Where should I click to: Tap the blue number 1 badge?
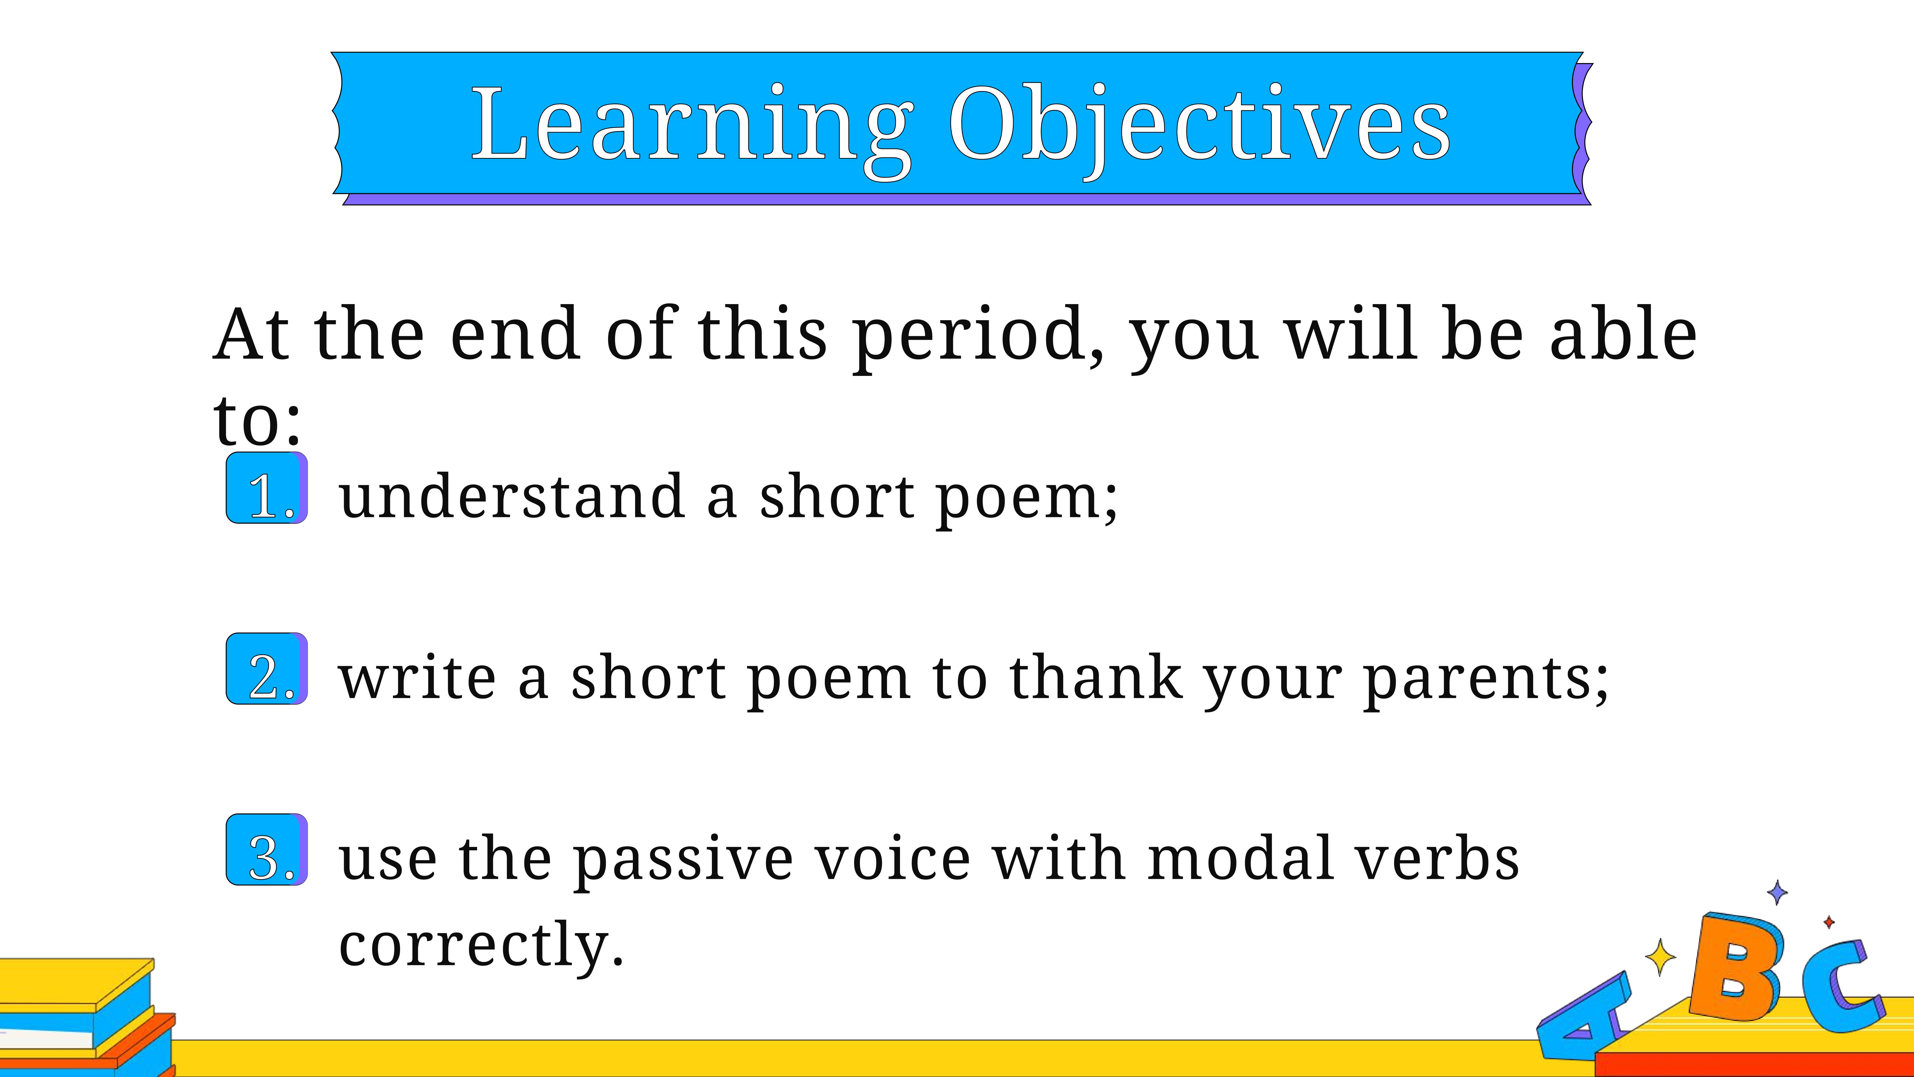267,488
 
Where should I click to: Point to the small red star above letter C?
1829,922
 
